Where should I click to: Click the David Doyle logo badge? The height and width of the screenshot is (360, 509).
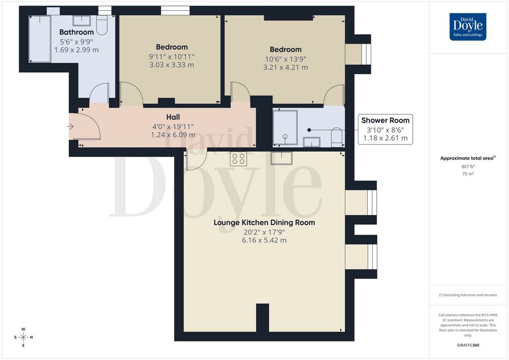[468, 27]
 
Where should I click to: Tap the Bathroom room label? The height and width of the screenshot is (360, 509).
[76, 32]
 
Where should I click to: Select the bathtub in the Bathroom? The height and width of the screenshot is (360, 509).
[40, 39]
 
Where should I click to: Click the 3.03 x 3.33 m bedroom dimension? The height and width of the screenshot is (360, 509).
[171, 65]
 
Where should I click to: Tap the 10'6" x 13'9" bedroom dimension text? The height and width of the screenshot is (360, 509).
[285, 59]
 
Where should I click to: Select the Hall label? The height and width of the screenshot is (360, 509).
[173, 117]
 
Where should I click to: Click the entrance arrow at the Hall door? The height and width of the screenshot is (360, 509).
[70, 127]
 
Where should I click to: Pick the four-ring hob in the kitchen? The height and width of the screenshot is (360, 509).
[238, 159]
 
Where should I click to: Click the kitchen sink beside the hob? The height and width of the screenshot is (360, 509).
[281, 158]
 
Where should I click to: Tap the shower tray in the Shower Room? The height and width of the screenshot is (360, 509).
[285, 128]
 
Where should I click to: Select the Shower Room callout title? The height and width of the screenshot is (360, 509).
[385, 120]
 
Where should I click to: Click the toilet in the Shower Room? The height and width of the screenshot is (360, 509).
[337, 137]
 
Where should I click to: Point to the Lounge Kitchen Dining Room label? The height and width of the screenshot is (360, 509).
[264, 223]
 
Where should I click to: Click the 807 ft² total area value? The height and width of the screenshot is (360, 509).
[468, 167]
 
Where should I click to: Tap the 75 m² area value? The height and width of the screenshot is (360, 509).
[468, 174]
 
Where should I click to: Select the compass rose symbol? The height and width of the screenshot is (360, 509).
[23, 337]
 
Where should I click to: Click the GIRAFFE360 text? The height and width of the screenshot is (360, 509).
[468, 345]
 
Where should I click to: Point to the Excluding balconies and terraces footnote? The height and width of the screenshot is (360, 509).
[468, 295]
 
